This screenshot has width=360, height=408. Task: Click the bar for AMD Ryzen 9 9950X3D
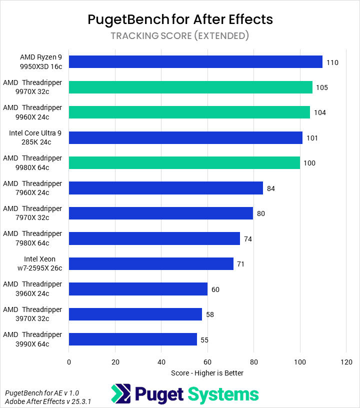click(x=195, y=62)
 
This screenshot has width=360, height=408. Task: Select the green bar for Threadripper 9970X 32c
click(x=190, y=87)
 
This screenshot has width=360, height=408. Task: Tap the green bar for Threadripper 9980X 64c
click(x=184, y=162)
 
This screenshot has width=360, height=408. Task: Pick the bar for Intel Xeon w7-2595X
click(x=151, y=263)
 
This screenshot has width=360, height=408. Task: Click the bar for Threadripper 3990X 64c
click(x=133, y=339)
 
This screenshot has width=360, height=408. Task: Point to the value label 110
click(x=332, y=62)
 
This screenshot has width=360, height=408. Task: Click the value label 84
click(x=271, y=188)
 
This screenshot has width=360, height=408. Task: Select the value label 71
click(x=240, y=264)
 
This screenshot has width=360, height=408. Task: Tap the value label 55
click(x=204, y=340)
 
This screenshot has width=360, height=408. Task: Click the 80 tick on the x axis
click(x=253, y=361)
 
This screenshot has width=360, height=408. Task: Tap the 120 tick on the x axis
click(x=346, y=361)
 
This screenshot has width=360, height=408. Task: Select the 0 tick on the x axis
click(x=69, y=361)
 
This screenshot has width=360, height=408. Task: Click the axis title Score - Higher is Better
click(x=207, y=373)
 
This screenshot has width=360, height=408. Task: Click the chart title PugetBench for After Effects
click(x=180, y=19)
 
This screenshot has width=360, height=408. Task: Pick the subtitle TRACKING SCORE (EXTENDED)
click(x=180, y=35)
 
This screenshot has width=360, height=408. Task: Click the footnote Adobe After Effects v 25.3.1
click(x=48, y=401)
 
